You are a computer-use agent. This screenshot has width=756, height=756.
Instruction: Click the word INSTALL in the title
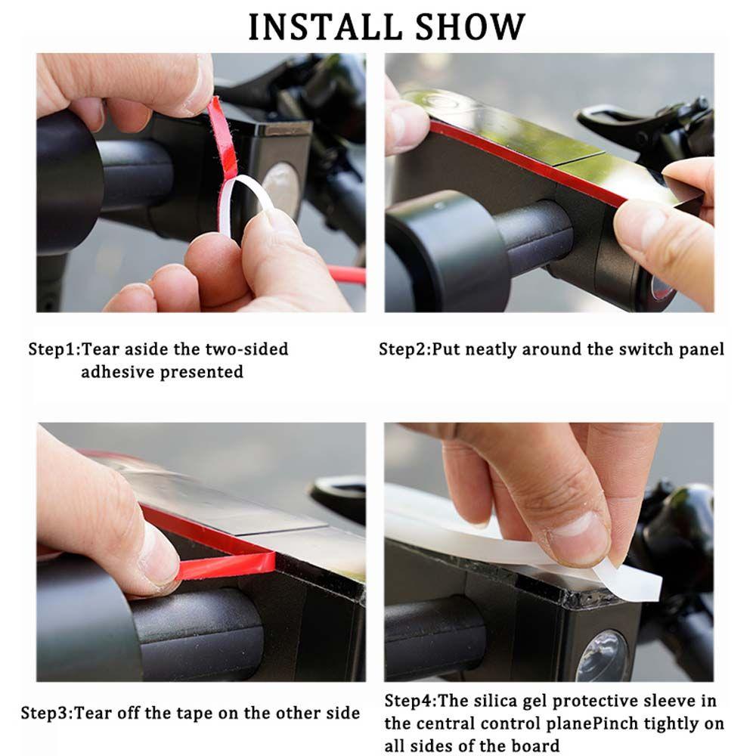[x=325, y=27]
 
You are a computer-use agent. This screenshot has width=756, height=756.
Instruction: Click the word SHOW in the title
[x=470, y=27]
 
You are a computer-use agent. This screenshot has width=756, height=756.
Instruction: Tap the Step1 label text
[x=54, y=349]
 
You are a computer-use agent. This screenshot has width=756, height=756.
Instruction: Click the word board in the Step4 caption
[x=535, y=745]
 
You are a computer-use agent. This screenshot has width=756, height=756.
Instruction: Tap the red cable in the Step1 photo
[x=346, y=274]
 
